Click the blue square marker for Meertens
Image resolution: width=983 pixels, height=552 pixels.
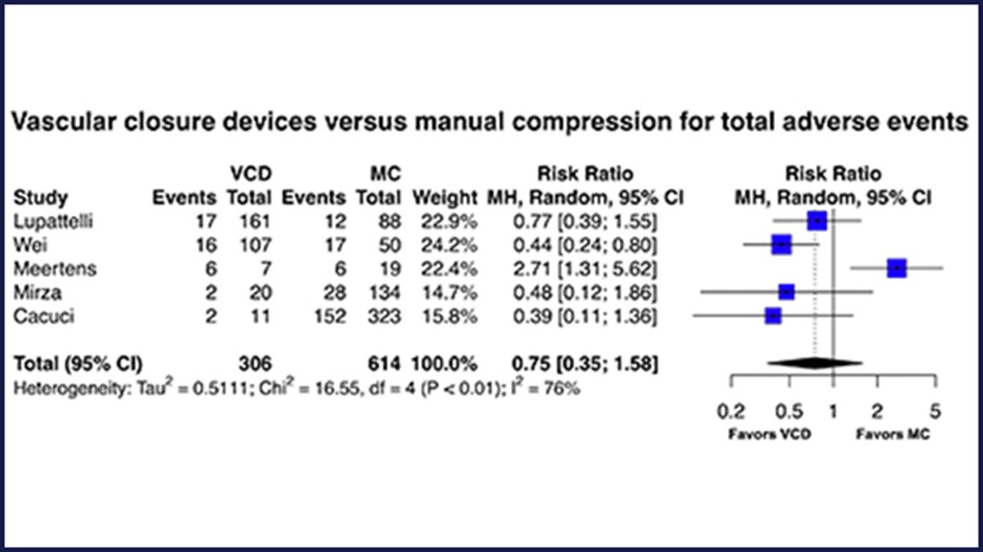point(897,268)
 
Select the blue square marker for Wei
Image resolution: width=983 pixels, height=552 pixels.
point(781,244)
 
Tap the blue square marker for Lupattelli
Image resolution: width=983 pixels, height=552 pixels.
point(817,220)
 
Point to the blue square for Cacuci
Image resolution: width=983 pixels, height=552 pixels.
point(772,315)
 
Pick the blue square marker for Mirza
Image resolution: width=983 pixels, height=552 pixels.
point(786,292)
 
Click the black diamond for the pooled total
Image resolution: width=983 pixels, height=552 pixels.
point(804,362)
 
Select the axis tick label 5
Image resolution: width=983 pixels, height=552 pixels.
point(935,409)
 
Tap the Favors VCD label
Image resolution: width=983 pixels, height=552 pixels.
point(759,434)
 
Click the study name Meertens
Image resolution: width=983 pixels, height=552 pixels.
point(48,268)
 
